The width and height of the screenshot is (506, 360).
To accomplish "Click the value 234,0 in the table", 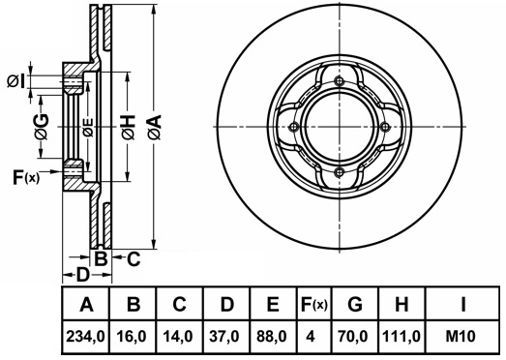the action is tap(85, 337).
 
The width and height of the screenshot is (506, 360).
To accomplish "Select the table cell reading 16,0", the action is tap(134, 337).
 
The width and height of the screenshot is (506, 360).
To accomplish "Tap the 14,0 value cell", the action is tap(179, 337).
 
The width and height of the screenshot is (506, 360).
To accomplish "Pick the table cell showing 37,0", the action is tap(225, 337).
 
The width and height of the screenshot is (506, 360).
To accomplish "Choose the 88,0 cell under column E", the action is tap(273, 337).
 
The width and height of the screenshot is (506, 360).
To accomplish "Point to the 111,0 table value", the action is tap(402, 337).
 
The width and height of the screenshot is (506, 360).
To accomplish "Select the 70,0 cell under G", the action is tap(355, 337).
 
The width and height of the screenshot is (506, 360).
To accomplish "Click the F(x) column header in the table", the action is tap(313, 305).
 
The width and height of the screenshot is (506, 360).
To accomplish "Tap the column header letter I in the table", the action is tap(462, 304).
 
